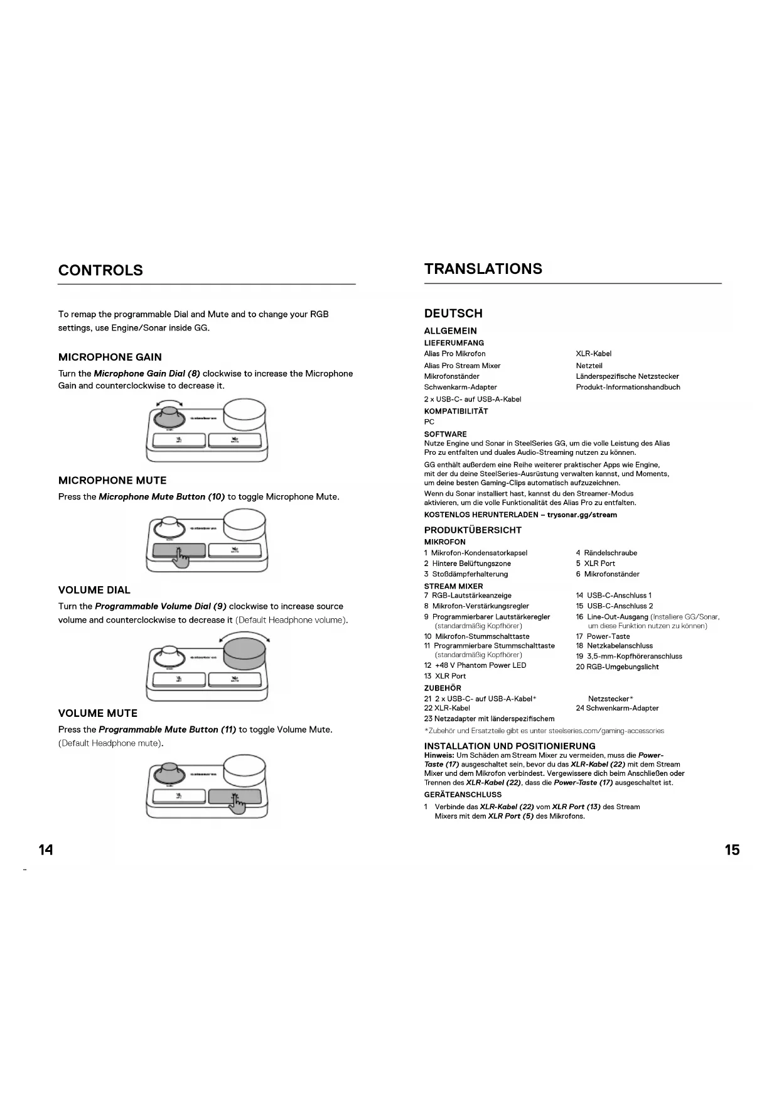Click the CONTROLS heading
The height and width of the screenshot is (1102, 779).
click(x=100, y=270)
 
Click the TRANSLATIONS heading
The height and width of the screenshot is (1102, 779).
click(x=483, y=269)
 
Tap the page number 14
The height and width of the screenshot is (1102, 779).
click(x=46, y=850)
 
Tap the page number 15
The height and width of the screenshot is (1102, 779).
click(x=732, y=850)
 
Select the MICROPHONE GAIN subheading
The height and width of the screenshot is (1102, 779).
click(x=110, y=357)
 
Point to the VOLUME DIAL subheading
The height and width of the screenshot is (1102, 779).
click(x=94, y=590)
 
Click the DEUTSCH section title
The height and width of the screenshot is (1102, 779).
click(x=453, y=314)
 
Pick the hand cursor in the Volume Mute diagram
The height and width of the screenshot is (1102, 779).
click(x=237, y=803)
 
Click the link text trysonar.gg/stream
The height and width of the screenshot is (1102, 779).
click(x=582, y=515)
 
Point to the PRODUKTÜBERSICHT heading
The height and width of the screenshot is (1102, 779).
click(x=473, y=530)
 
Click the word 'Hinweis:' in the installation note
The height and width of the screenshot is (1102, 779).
click(x=439, y=755)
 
